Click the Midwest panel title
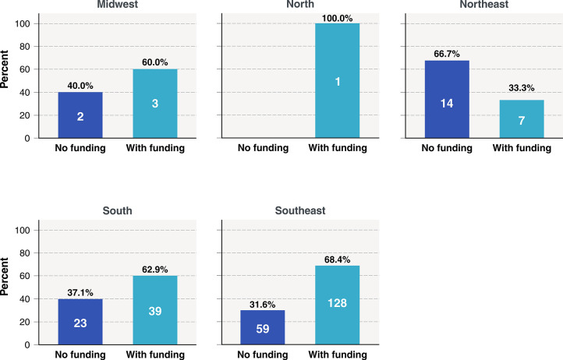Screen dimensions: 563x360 [x=118, y=5]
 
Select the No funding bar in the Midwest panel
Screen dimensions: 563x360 [x=80, y=115]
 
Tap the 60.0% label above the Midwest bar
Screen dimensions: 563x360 [x=154, y=62]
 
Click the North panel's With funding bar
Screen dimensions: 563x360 [x=338, y=81]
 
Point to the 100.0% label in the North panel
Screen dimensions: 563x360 [x=337, y=18]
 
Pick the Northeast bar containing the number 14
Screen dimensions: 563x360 [x=447, y=100]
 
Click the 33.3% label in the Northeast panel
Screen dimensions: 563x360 [x=522, y=87]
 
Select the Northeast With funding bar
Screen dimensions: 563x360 [x=522, y=119]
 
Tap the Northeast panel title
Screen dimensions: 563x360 [x=484, y=5]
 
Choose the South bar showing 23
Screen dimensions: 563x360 [x=80, y=322]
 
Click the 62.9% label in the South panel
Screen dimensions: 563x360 [x=154, y=269]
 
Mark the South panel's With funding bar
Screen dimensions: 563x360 [x=155, y=310]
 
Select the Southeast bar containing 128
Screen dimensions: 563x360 [x=338, y=305]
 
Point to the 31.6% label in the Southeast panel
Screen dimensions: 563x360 [x=263, y=305]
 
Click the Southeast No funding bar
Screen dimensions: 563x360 [x=263, y=328]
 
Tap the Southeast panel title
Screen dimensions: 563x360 [x=300, y=210]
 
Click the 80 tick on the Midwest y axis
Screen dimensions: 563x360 [x=24, y=46]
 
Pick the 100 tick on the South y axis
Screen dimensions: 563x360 [x=23, y=230]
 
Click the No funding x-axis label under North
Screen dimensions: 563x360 [x=264, y=148]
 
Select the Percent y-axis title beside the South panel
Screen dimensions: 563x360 [x=5, y=277]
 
